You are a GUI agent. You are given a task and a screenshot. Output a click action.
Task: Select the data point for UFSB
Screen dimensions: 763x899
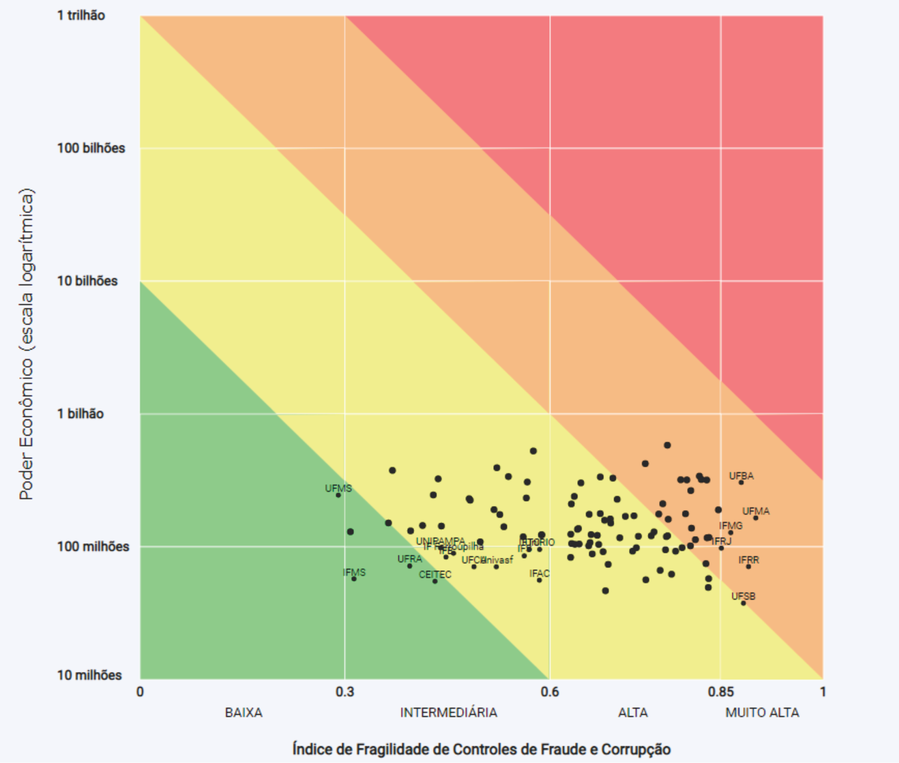744,603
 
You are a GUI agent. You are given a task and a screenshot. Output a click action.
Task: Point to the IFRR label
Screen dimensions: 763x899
749,560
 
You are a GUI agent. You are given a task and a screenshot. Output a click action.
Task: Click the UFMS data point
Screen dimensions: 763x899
338,495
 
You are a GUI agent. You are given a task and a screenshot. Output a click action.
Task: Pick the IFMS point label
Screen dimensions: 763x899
354,572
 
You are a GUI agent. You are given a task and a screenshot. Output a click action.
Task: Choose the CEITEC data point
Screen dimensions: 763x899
435,581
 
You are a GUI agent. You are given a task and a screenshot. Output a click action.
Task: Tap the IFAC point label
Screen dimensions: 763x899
539,573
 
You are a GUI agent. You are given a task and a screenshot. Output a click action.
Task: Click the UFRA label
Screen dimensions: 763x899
409,559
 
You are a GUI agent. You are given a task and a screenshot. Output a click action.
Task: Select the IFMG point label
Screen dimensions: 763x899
731,526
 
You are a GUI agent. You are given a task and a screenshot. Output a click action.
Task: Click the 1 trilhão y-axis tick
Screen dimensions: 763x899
81,16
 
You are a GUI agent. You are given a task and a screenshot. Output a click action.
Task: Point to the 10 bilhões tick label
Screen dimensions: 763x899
87,281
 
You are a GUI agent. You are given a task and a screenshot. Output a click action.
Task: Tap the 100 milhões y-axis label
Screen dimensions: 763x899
93,546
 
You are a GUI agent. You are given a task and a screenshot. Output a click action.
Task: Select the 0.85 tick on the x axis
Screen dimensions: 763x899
720,691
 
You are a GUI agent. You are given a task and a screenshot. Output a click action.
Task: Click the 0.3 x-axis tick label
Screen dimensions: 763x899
344,691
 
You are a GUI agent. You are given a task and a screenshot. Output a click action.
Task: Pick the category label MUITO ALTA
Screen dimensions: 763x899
762,712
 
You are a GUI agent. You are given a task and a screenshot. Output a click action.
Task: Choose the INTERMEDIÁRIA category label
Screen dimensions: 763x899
449,712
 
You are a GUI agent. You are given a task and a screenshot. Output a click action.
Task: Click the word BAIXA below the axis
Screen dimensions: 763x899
243,712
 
